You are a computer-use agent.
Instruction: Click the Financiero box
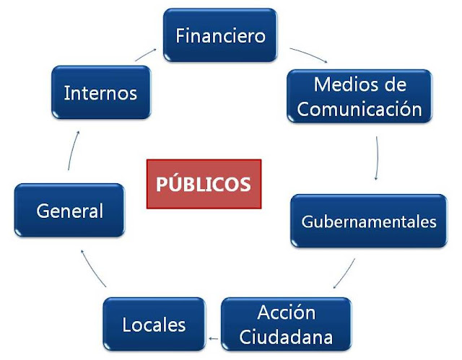pyautogui.click(x=221, y=35)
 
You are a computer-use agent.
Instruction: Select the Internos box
pyautogui.click(x=100, y=93)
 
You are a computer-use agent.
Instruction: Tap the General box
pyautogui.click(x=70, y=211)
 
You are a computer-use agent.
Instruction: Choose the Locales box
pyautogui.click(x=154, y=324)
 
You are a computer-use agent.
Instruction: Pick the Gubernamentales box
pyautogui.click(x=369, y=221)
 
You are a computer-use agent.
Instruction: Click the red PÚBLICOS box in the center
pyautogui.click(x=204, y=183)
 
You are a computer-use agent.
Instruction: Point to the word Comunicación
pyautogui.click(x=359, y=109)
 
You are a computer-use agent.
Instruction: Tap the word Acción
pyautogui.click(x=287, y=313)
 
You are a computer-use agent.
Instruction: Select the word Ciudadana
pyautogui.click(x=287, y=337)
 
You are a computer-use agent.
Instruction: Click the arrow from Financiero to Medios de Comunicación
pyautogui.click(x=308, y=55)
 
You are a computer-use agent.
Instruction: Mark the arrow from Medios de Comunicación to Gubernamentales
pyautogui.click(x=378, y=158)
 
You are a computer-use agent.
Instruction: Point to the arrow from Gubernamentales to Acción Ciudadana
pyautogui.click(x=344, y=273)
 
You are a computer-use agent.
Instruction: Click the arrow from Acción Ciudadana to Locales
pyautogui.click(x=213, y=336)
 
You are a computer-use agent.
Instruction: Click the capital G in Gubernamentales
pyautogui.click(x=307, y=221)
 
